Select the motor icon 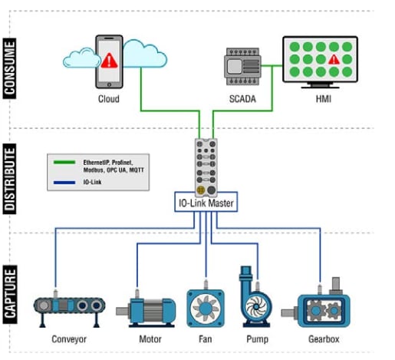coord(145,309)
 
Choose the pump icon coord(257,299)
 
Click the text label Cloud coord(108,99)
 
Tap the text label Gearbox coord(321,339)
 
